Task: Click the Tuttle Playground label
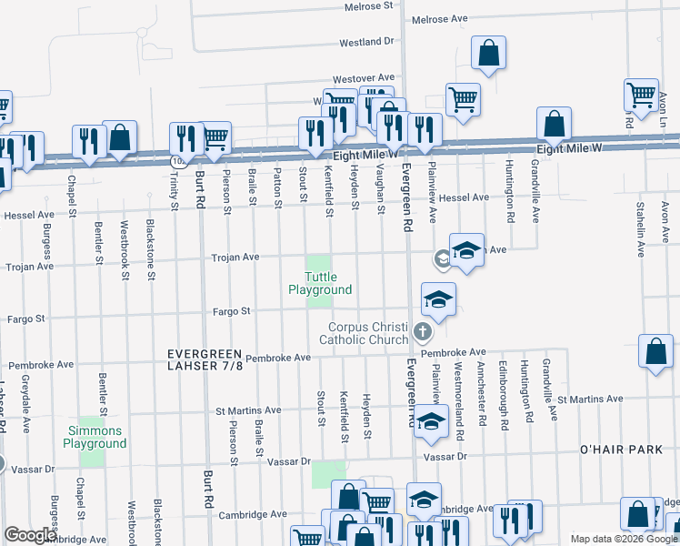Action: click(320, 283)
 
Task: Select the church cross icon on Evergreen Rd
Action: click(421, 330)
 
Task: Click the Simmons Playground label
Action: click(95, 437)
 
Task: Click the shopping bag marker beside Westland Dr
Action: click(488, 53)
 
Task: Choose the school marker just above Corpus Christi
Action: click(437, 299)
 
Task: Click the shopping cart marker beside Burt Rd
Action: click(215, 138)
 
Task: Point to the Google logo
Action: click(29, 536)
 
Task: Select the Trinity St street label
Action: click(172, 190)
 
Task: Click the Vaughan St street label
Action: click(378, 191)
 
